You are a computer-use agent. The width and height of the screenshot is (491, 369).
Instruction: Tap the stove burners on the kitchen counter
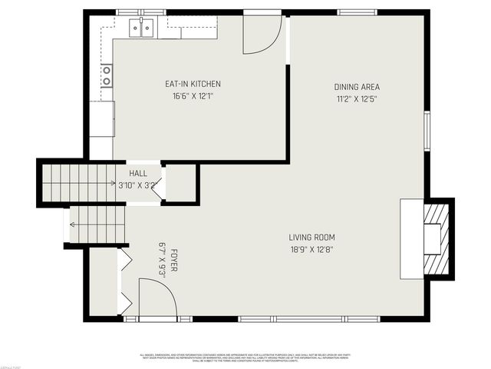[x=106, y=75]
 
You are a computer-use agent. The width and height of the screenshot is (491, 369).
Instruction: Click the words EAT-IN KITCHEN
[x=193, y=85]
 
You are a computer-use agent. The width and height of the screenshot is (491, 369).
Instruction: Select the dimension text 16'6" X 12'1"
[x=193, y=96]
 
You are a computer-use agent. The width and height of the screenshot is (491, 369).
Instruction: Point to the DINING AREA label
[x=357, y=87]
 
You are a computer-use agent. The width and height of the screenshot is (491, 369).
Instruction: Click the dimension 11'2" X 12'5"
[x=357, y=99]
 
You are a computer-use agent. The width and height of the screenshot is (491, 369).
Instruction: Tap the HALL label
[x=138, y=174]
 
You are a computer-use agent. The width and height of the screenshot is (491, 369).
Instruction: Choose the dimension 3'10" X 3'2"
[x=138, y=185]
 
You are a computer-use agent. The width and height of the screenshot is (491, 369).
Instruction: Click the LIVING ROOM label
[x=311, y=238]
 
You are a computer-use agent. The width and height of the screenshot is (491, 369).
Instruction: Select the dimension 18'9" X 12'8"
[x=311, y=249]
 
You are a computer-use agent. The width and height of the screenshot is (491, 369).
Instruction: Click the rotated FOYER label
[x=174, y=260]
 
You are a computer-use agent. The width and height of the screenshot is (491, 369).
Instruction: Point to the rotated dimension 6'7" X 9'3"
[x=162, y=260]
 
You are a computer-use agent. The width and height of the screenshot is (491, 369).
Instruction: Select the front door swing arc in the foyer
[x=157, y=298]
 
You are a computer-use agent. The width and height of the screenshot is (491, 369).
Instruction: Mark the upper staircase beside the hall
[x=77, y=183]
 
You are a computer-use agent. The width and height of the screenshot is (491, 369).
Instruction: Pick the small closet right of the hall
[x=180, y=183]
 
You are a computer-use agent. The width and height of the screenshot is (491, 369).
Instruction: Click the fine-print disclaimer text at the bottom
[x=245, y=357]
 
